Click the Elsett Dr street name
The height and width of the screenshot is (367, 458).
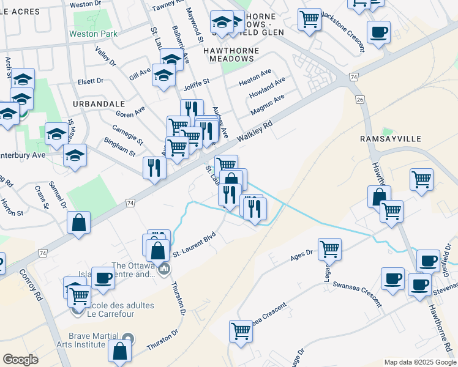(x=91, y=80)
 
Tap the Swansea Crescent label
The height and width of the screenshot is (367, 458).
(x=357, y=294)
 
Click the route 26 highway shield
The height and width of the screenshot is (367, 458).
(x=359, y=99)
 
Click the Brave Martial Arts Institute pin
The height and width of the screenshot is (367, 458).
(x=128, y=338)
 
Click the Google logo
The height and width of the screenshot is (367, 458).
(x=21, y=360)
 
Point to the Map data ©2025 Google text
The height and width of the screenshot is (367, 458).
(x=419, y=362)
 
